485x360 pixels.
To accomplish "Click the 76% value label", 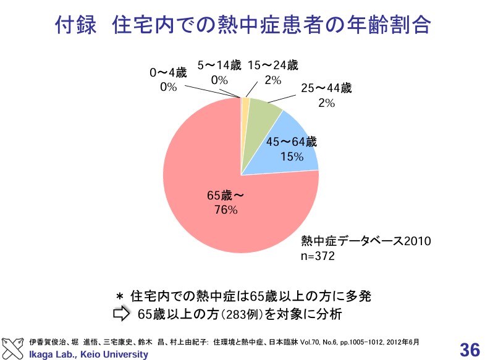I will coord(225,210).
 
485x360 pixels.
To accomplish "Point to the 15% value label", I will coord(291,157).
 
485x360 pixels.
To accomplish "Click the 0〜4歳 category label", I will coord(168,73).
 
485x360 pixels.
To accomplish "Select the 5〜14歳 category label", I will coord(219,66).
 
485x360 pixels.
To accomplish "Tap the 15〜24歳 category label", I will coord(272,66).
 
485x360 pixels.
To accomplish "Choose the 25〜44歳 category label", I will coord(326,88).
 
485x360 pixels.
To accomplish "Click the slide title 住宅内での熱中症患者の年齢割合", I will coord(272,25).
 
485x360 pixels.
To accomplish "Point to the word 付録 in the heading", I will coord(75,25).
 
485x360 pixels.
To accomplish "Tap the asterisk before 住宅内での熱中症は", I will coord(121,296).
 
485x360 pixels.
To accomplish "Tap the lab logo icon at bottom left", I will coord(15,348).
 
